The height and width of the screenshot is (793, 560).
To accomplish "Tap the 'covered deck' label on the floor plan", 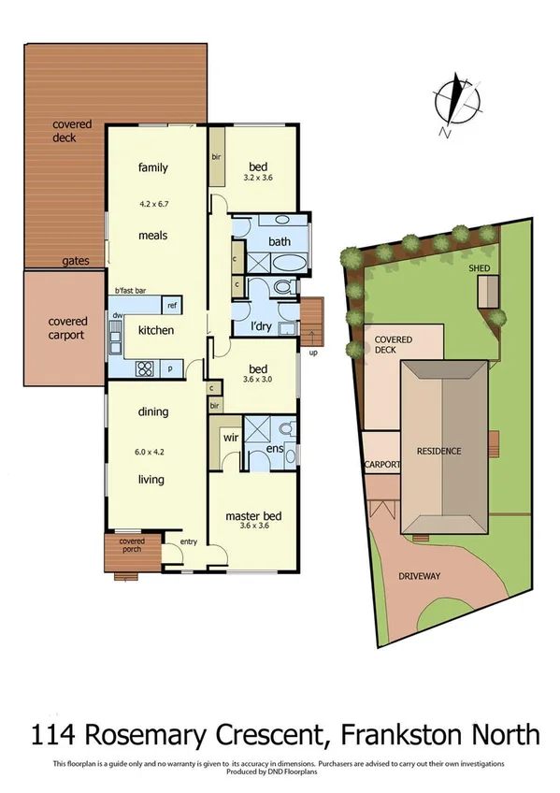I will (65, 131).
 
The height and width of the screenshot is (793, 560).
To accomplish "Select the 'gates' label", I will (77, 261).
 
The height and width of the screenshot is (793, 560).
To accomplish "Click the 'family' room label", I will (153, 168).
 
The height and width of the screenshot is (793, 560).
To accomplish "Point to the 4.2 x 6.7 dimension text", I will (153, 201).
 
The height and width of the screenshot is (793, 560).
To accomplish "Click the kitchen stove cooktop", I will (147, 367).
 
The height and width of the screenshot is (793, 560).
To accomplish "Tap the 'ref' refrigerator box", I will (171, 306).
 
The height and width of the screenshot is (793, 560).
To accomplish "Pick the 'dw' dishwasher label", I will (118, 316).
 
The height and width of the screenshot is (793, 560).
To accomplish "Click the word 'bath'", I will (280, 242).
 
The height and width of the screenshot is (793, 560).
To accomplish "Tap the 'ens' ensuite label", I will (274, 450).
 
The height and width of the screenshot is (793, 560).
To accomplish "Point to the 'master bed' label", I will (253, 515).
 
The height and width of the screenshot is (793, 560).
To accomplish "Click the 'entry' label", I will (190, 541).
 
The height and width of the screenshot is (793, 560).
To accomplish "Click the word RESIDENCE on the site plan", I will (438, 451).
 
